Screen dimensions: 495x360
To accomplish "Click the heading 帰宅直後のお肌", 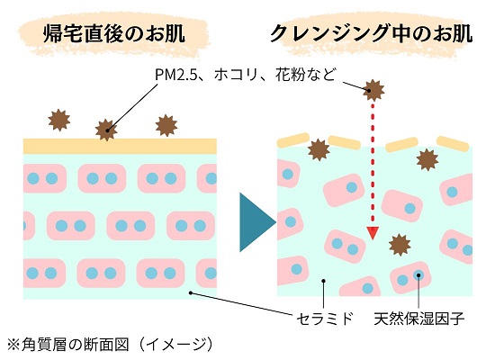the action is click(x=114, y=33).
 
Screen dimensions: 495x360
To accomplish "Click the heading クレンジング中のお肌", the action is click(x=371, y=33).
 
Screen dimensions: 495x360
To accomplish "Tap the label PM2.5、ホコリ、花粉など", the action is click(x=245, y=75).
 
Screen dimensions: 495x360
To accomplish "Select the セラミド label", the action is click(x=325, y=319).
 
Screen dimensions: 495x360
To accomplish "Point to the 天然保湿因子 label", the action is click(x=418, y=319).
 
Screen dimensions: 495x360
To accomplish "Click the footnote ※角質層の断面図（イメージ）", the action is click(x=110, y=345).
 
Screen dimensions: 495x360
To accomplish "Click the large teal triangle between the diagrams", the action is click(x=257, y=222).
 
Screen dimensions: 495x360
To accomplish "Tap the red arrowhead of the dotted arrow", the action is click(x=373, y=233).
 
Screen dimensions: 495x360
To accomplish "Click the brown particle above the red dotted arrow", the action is click(x=373, y=90).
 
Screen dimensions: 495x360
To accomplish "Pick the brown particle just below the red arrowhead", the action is click(x=400, y=245).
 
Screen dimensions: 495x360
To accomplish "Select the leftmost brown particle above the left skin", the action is click(x=59, y=120).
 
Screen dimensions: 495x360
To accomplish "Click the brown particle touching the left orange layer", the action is click(x=106, y=130).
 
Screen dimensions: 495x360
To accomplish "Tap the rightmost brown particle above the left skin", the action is click(x=166, y=125).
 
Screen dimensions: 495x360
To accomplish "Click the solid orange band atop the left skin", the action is click(x=120, y=146).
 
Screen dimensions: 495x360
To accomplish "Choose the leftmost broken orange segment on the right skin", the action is click(x=293, y=139).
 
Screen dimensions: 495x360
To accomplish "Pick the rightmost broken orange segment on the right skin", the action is click(x=453, y=144).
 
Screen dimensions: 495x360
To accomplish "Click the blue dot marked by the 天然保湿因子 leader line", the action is click(x=418, y=275).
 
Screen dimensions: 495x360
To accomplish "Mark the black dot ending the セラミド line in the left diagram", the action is click(x=191, y=292).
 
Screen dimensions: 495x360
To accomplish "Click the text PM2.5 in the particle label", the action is click(x=175, y=76).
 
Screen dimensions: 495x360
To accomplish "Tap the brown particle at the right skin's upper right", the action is click(x=427, y=159).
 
